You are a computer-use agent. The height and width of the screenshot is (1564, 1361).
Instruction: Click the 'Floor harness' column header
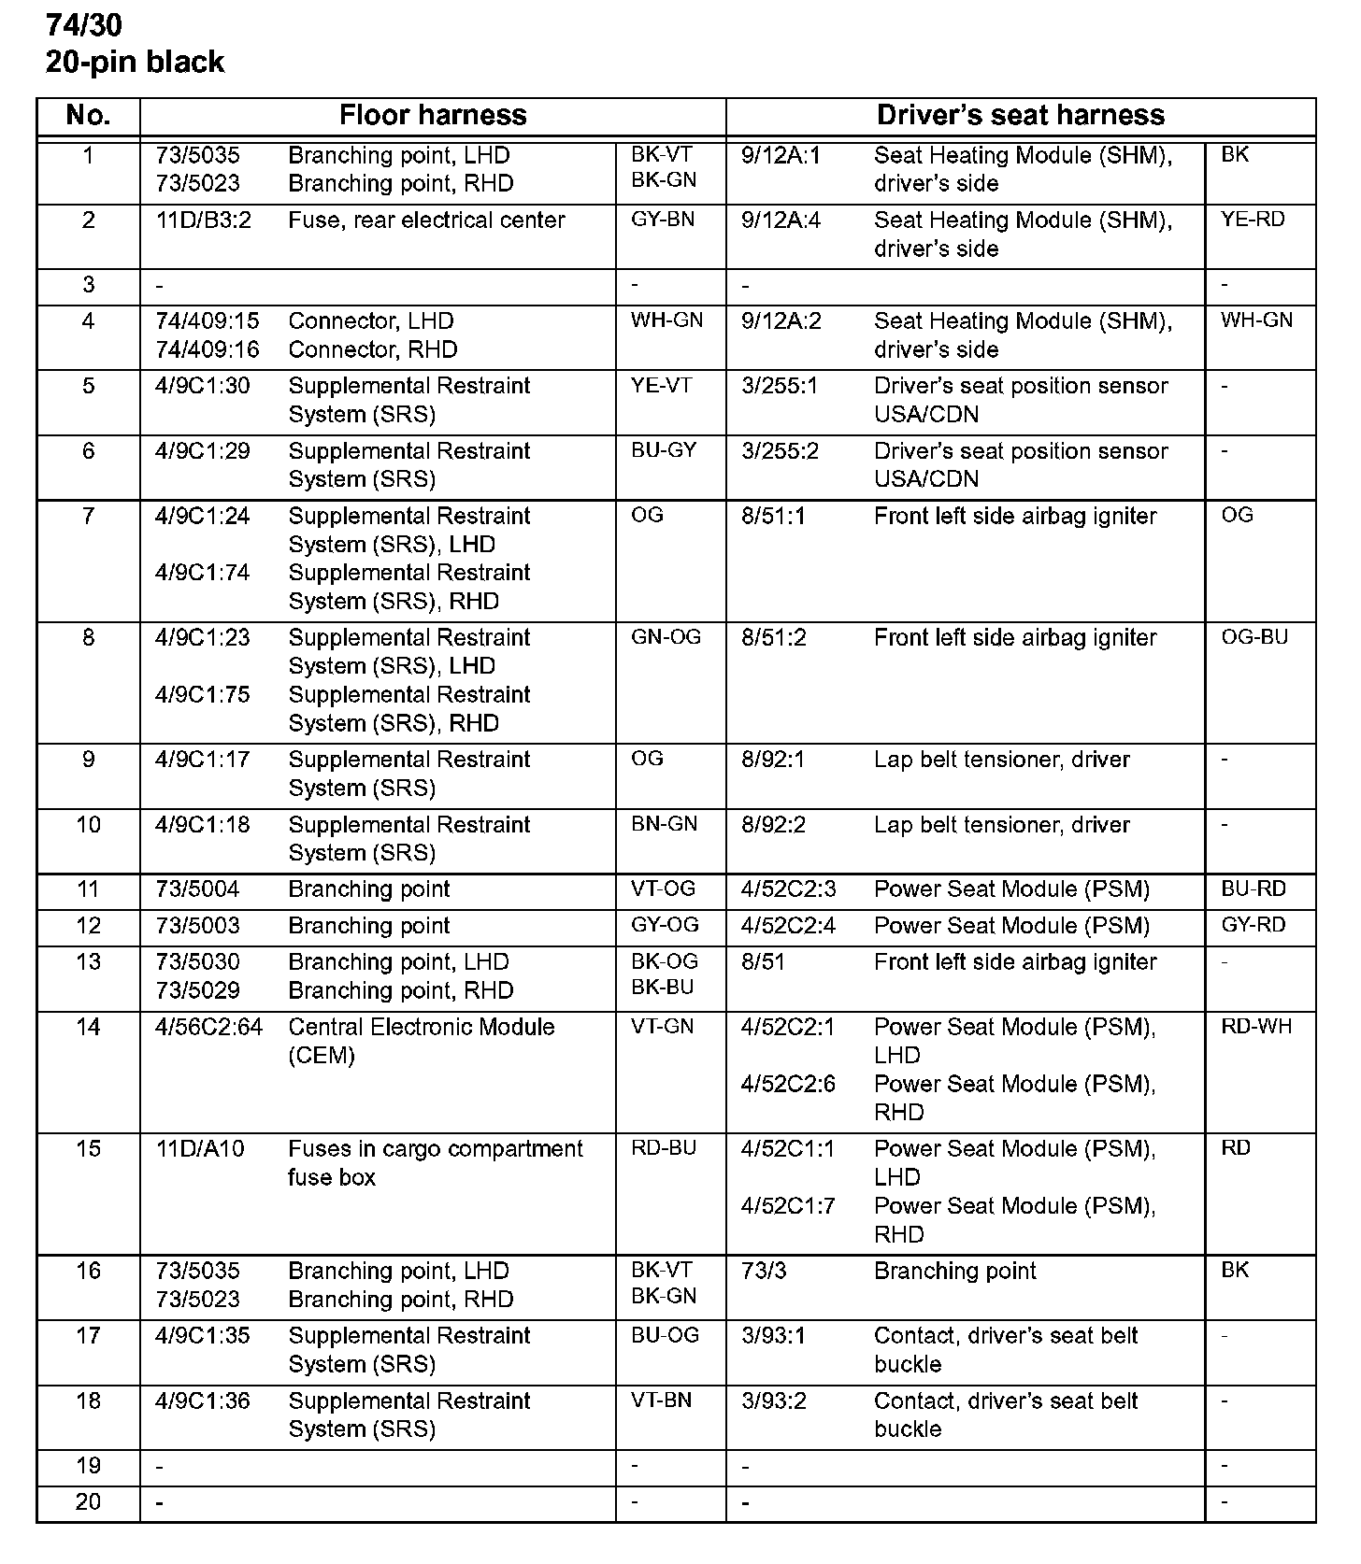click(x=433, y=115)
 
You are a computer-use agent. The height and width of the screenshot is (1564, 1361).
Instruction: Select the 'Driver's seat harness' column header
click(x=1021, y=115)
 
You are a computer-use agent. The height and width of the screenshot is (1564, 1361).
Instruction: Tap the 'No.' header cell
click(x=89, y=115)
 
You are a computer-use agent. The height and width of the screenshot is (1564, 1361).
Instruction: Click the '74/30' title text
click(x=84, y=25)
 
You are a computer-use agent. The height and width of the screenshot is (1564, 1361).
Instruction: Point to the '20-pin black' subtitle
click(x=135, y=62)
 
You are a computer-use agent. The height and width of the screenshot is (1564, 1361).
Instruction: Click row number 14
click(x=88, y=1027)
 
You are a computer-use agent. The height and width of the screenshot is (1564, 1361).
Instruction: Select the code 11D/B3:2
click(x=203, y=220)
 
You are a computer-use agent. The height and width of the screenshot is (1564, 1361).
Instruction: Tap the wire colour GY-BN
click(x=663, y=220)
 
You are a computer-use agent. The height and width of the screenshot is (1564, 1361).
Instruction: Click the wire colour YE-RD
click(x=1253, y=220)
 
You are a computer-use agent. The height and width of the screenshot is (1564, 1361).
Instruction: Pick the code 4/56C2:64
click(x=208, y=1027)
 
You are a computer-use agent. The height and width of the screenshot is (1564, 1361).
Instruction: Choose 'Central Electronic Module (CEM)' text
click(x=421, y=1041)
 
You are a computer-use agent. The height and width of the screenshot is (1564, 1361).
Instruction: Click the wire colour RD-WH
click(x=1256, y=1027)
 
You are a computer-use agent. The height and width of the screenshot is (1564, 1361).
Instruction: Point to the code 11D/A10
click(x=199, y=1148)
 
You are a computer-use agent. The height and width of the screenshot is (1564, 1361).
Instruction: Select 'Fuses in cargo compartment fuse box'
click(x=435, y=1162)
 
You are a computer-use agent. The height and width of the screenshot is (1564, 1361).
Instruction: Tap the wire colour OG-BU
click(x=1254, y=637)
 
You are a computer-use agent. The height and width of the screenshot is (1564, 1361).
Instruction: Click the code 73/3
click(x=764, y=1271)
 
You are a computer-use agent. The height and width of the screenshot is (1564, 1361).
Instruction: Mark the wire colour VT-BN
click(x=661, y=1400)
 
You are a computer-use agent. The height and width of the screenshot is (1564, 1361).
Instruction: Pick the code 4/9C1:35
click(x=203, y=1336)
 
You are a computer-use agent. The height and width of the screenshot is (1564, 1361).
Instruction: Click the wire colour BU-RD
click(x=1254, y=889)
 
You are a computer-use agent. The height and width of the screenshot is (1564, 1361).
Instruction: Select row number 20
click(x=88, y=1502)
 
